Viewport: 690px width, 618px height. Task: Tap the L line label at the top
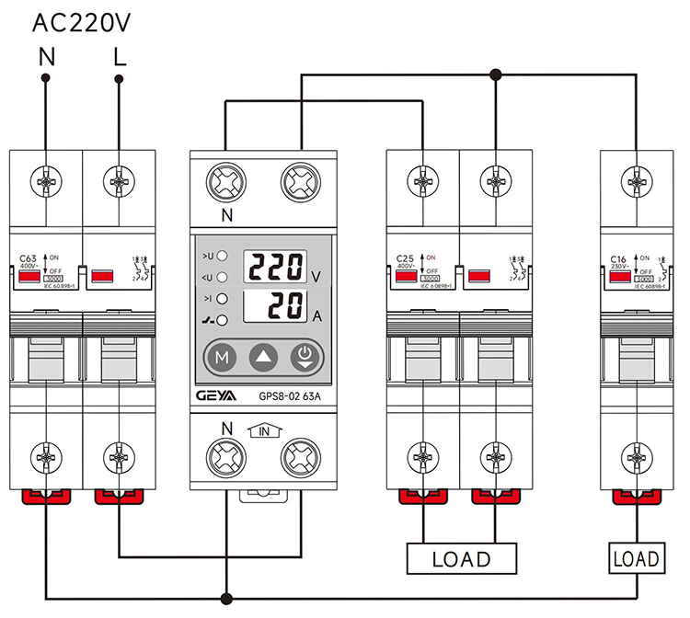tap(120, 57)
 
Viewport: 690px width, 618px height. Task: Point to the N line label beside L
tap(47, 57)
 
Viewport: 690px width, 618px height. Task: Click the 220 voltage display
tap(275, 268)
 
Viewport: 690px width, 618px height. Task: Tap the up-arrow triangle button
tap(262, 358)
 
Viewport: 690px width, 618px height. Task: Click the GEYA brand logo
tap(220, 397)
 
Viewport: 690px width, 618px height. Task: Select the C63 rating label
tap(28, 259)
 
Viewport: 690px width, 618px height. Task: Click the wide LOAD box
tap(462, 558)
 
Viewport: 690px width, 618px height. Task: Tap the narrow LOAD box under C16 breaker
tap(636, 558)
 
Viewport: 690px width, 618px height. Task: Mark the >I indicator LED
tap(223, 299)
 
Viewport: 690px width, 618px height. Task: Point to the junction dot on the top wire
tap(496, 74)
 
